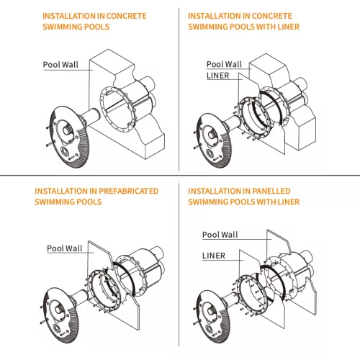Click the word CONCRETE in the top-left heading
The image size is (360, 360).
point(126,16)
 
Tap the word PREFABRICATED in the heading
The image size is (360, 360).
point(129,191)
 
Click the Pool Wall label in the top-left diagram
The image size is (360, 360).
point(60,65)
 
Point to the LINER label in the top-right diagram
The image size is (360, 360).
point(218,76)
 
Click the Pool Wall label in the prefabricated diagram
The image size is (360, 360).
point(65,248)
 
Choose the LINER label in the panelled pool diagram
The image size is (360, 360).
point(214,256)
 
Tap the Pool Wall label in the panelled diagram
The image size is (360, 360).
point(220,235)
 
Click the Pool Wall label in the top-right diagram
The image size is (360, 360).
point(224,64)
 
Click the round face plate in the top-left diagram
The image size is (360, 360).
point(69,137)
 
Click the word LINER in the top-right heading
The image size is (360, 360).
point(289,27)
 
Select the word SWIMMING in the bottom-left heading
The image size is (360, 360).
point(51,202)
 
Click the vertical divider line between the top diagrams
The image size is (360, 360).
point(179,89)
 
